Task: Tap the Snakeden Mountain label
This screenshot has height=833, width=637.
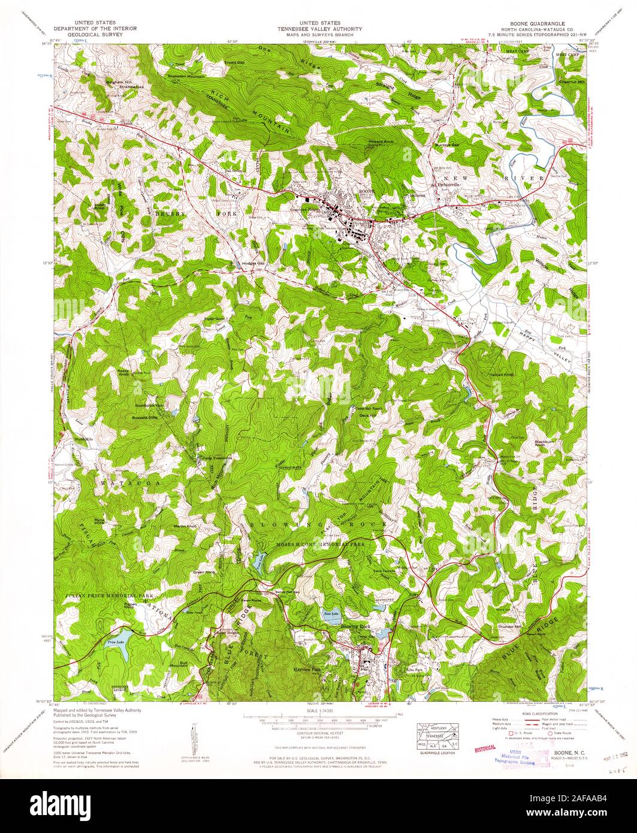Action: pos(186,77)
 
